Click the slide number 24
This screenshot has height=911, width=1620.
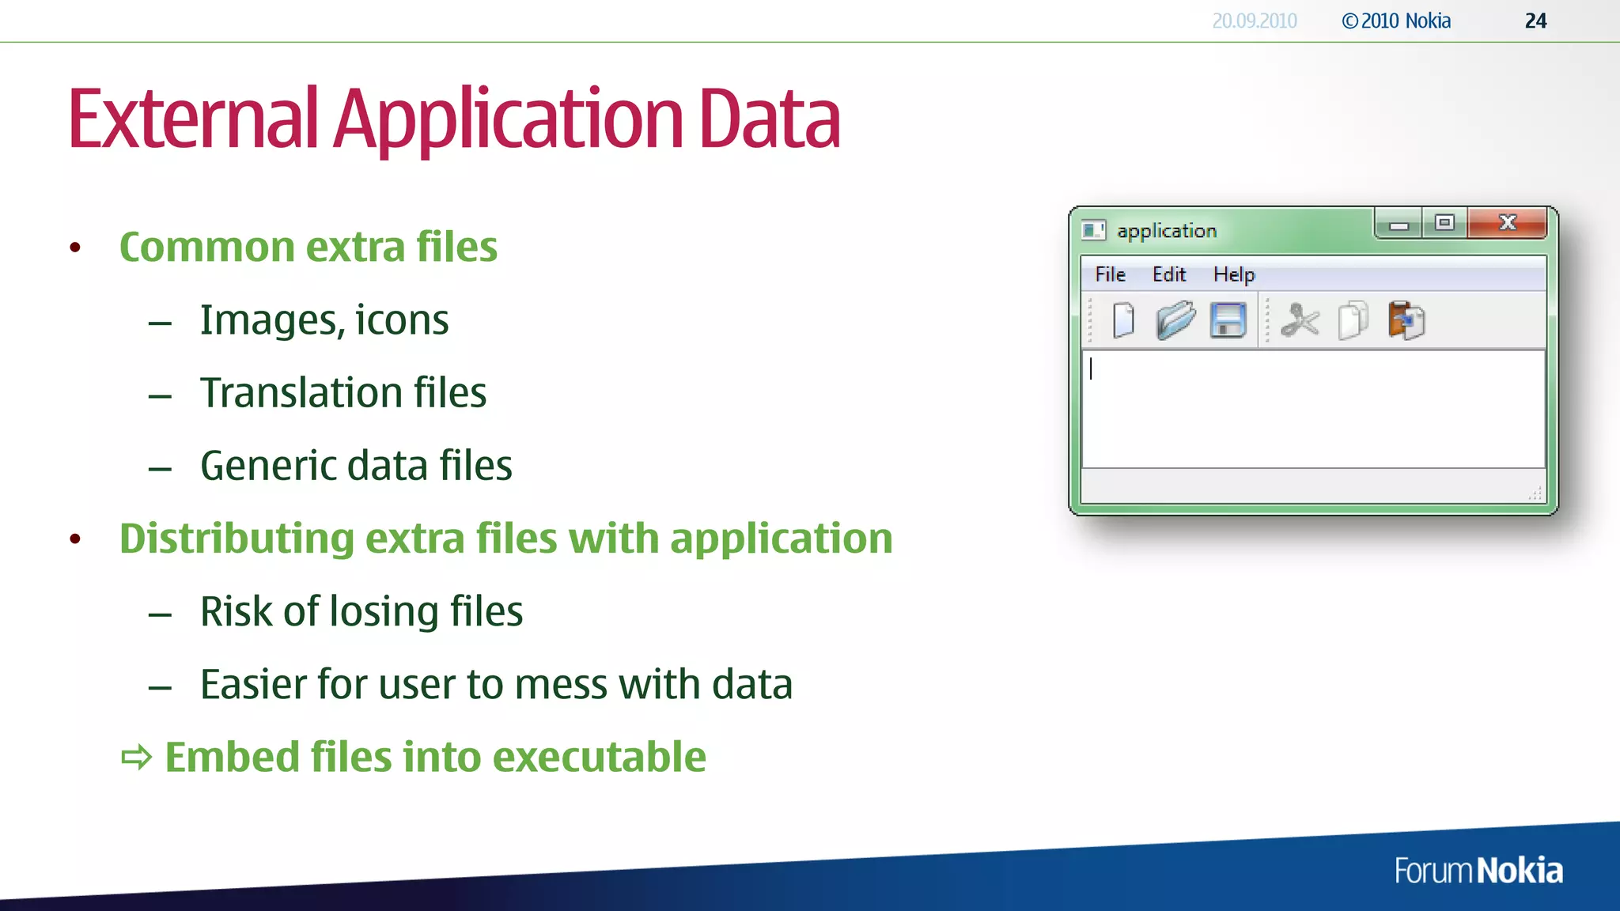(1535, 21)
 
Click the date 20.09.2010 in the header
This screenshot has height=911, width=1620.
(1254, 21)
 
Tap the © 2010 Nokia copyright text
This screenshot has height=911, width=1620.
(1396, 21)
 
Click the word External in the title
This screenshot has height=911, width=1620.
(193, 119)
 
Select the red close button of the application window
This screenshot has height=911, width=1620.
(1507, 224)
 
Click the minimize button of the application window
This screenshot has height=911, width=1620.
(1399, 225)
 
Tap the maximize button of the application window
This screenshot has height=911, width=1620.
(1444, 224)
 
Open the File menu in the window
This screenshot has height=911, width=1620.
(1110, 274)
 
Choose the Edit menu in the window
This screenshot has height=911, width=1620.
(1168, 274)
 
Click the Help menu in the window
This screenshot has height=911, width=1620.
(1233, 274)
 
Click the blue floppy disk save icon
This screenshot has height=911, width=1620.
(1228, 321)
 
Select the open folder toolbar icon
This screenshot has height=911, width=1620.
(1175, 321)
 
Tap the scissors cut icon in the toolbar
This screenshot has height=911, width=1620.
(1300, 321)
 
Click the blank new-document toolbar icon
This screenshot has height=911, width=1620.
(1123, 321)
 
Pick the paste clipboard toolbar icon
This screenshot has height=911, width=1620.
(1406, 321)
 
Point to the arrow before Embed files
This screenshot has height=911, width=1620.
(136, 758)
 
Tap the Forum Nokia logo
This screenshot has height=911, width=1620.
(1478, 871)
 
